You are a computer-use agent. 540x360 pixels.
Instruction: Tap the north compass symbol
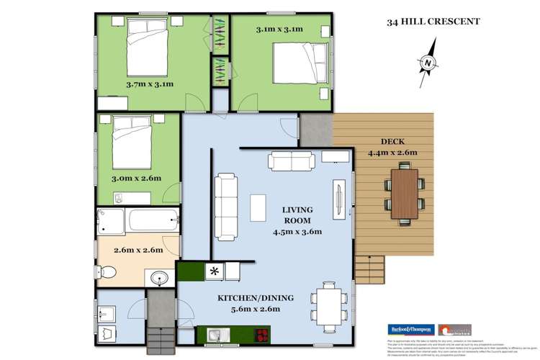point(429,63)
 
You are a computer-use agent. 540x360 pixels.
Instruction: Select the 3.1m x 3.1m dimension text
point(279,30)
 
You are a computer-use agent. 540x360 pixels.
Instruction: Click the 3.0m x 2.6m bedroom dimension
point(136,178)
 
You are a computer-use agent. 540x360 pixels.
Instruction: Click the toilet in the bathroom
point(107,272)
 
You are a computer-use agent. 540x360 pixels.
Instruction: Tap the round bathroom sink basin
point(158,278)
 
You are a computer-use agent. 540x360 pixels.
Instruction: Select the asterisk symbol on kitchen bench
point(215,271)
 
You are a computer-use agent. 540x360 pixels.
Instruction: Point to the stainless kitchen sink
point(216,335)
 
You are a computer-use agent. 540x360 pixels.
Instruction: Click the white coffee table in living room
point(258,207)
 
